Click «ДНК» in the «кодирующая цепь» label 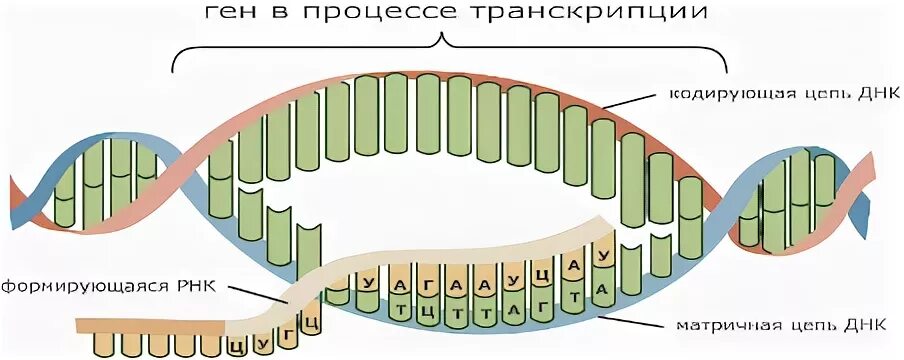click(879, 93)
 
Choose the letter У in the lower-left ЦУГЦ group click(261, 340)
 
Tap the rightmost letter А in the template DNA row click(602, 290)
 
